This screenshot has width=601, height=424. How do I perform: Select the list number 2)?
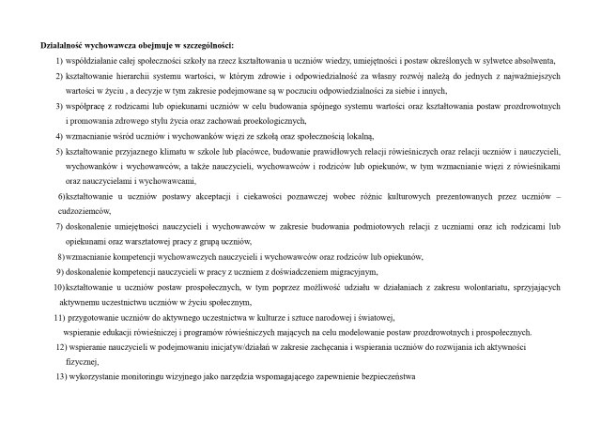(x=59, y=76)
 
